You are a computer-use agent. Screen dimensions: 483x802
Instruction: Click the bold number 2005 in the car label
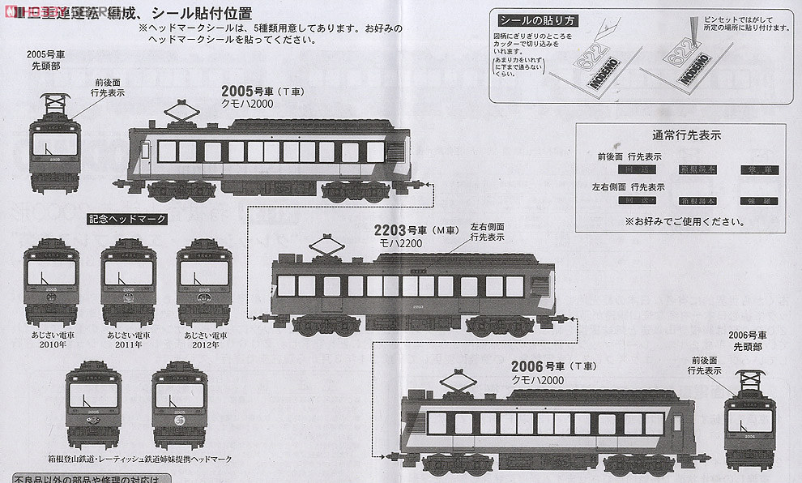[239, 91]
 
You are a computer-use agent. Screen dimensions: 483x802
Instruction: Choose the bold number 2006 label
[528, 366]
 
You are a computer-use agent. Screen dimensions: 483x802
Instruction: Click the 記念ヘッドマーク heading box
[127, 219]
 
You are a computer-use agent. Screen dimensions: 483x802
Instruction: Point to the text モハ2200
[402, 242]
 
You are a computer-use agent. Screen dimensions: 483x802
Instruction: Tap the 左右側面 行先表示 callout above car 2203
[487, 233]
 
